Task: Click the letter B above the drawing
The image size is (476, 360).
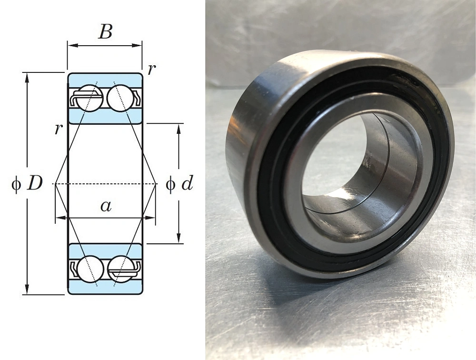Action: (105, 31)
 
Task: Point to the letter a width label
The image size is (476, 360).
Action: (106, 206)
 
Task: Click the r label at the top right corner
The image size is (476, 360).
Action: (151, 70)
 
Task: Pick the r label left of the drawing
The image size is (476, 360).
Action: (58, 129)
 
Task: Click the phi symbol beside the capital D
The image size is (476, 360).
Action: (16, 184)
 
